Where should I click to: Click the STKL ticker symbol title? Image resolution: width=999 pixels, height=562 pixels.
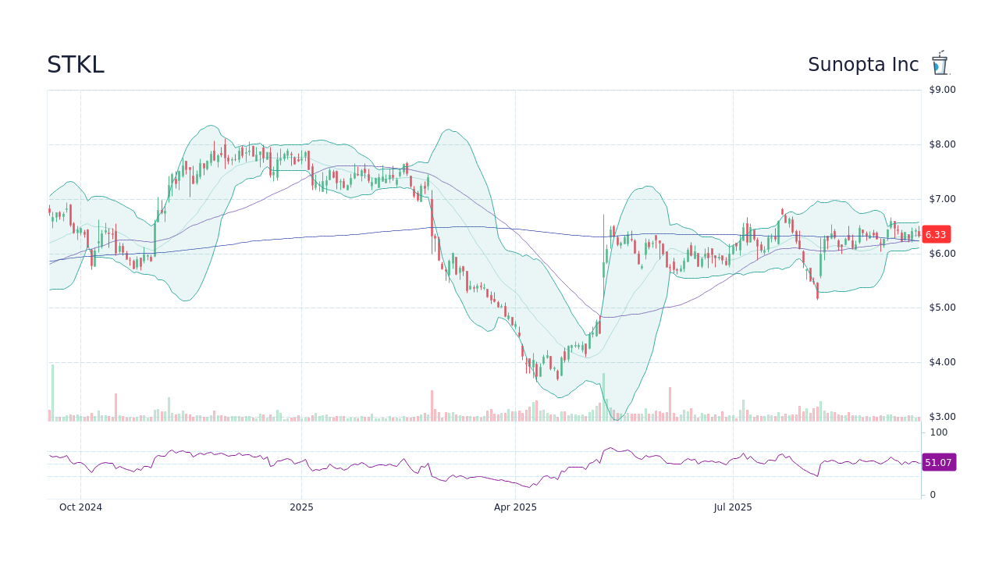[x=75, y=65]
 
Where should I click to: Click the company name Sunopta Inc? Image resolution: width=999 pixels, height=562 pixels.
[x=863, y=65]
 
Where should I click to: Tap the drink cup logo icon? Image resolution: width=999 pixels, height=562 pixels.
[x=940, y=63]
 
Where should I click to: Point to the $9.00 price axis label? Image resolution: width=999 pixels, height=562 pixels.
[x=942, y=90]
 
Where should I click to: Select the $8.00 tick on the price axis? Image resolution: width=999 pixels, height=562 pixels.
[x=942, y=144]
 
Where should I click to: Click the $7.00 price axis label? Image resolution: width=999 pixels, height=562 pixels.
[x=942, y=199]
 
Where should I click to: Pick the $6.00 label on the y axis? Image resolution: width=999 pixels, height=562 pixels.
[x=942, y=254]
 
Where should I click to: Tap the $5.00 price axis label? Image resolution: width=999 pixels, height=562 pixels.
[x=942, y=308]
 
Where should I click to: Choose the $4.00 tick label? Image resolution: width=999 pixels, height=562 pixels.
[x=942, y=362]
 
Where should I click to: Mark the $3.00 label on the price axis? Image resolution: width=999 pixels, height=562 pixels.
[x=942, y=417]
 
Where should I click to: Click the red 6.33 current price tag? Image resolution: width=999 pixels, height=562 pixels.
[x=936, y=234]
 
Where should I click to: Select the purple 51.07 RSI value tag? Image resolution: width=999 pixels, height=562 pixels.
[x=938, y=463]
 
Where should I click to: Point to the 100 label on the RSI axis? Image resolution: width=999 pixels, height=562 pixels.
[x=938, y=432]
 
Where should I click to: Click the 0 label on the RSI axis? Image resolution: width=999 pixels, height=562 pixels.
[x=933, y=495]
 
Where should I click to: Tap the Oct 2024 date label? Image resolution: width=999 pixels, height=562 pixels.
[x=80, y=507]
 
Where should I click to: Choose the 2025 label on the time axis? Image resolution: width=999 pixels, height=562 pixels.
[x=301, y=507]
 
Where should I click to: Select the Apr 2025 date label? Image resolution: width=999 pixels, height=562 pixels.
[x=515, y=507]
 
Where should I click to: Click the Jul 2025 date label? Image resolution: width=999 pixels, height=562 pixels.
[x=733, y=507]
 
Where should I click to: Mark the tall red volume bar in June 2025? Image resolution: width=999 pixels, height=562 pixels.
[x=670, y=404]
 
